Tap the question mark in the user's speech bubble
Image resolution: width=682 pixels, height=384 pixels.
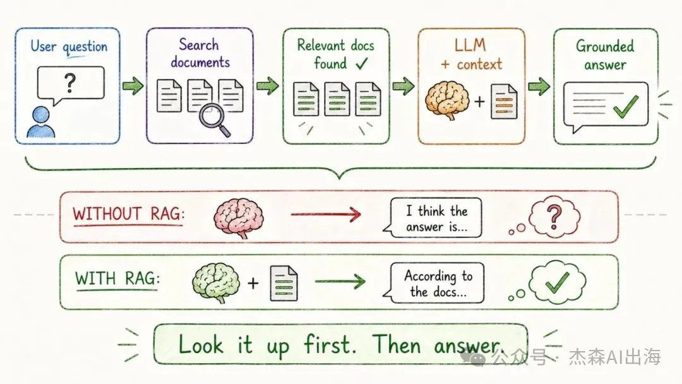point(69,83)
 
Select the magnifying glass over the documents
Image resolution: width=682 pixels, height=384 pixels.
point(214,121)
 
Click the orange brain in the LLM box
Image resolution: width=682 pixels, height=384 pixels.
point(447,100)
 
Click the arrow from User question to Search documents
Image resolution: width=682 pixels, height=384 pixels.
point(133,86)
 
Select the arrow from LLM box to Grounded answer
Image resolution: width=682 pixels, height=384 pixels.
point(539,86)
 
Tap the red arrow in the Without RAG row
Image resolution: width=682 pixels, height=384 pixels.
point(326,214)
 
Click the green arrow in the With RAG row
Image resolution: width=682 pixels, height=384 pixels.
point(340,281)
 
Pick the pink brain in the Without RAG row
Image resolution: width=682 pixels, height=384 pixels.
point(239,217)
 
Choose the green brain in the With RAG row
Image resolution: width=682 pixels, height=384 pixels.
point(216,282)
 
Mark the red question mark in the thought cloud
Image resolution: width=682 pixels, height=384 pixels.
point(554,217)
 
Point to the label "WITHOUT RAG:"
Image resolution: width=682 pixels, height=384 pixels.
point(129,214)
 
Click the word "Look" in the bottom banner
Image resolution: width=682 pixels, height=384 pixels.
point(201,344)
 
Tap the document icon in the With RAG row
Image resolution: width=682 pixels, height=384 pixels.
point(284,284)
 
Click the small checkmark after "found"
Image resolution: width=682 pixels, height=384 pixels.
point(362,64)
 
